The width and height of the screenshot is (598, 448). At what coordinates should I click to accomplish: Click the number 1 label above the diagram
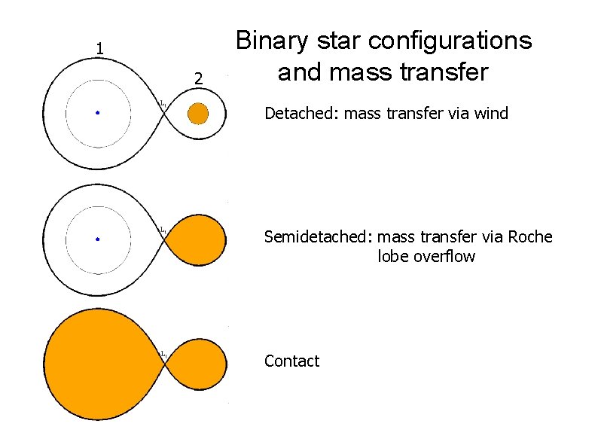coord(99,50)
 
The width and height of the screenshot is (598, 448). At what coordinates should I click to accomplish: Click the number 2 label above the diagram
coord(197,78)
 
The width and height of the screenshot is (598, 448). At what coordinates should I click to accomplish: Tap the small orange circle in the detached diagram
coord(197,114)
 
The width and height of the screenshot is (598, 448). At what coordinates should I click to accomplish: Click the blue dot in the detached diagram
coord(97,113)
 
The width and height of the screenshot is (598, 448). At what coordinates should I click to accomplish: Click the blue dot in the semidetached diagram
coord(97,239)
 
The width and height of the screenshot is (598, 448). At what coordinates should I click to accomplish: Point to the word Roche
coord(530,238)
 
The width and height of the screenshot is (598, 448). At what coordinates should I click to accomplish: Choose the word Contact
coord(291,361)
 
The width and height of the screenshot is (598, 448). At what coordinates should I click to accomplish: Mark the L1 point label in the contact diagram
coord(162,354)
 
